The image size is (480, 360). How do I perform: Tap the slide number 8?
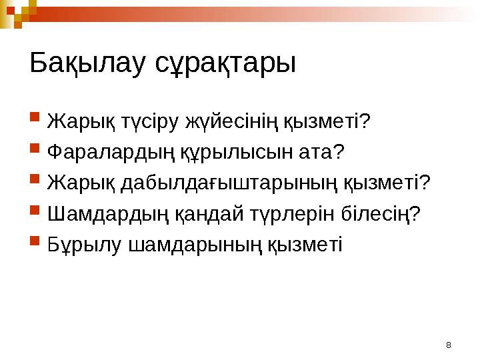pyautogui.click(x=448, y=345)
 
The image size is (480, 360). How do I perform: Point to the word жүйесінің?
pyautogui.click(x=236, y=123)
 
